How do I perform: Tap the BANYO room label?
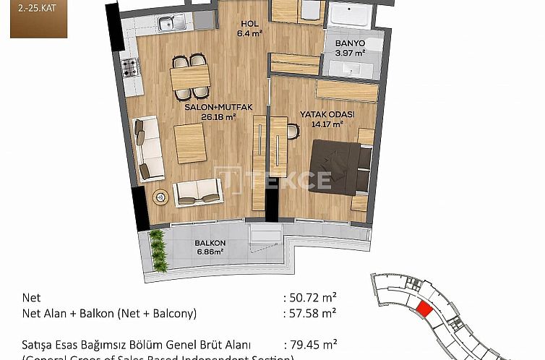click(349, 43)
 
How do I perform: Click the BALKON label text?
click(210, 243)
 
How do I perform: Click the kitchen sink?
click(173, 21)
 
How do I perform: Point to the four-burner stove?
click(130, 68)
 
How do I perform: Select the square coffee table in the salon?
click(191, 143)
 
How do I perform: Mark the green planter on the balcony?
click(158, 249)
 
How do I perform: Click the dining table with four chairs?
click(190, 75)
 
